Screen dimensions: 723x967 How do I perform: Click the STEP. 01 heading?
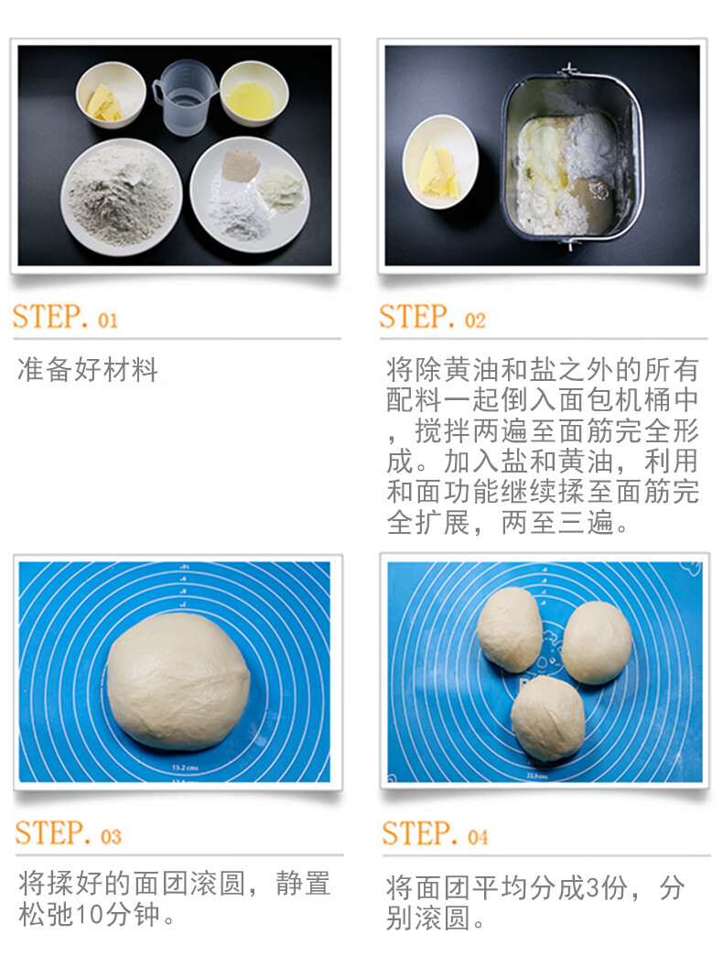pos(65,317)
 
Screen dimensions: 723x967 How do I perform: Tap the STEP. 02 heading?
pos(432,317)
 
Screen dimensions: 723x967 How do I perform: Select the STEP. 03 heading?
pos(68,834)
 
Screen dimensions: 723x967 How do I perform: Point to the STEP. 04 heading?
pos(435,834)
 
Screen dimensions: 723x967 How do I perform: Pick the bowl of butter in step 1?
pos(111,94)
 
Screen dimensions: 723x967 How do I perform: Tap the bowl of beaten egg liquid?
pos(254,93)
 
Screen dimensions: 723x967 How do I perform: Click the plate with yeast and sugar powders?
pos(250,194)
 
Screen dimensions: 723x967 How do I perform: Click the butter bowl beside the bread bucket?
pos(440,161)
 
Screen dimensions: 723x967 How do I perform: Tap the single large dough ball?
pos(178,681)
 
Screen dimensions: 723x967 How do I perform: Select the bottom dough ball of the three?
pos(547,718)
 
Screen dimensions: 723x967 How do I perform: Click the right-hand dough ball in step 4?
pos(597,642)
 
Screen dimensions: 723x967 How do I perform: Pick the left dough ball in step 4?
pos(510,629)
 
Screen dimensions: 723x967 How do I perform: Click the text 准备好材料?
pos(88,369)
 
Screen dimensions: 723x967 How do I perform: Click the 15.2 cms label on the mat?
pos(185,767)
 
